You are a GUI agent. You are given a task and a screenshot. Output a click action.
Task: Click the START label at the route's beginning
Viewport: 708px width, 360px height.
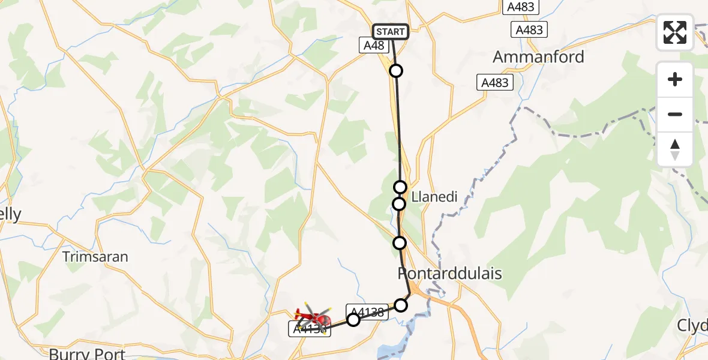click(x=391, y=31)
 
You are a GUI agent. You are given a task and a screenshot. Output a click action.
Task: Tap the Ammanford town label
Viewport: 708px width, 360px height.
click(x=538, y=58)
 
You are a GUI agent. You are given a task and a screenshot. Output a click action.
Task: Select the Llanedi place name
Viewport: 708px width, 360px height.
click(x=435, y=196)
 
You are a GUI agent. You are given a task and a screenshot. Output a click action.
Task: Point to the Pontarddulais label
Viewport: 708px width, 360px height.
click(x=449, y=274)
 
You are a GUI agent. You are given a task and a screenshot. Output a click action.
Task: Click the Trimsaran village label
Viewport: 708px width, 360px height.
click(x=96, y=257)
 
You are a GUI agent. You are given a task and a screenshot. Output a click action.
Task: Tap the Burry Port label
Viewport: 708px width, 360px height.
click(x=87, y=353)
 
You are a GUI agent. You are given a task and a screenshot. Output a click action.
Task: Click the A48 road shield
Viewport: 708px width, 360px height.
click(x=372, y=45)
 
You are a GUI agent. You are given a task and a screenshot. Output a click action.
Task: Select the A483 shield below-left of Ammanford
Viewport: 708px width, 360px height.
click(x=496, y=82)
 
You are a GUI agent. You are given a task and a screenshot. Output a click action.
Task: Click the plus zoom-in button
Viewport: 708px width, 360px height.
click(x=675, y=79)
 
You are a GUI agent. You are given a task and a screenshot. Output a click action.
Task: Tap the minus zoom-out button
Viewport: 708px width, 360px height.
click(x=675, y=114)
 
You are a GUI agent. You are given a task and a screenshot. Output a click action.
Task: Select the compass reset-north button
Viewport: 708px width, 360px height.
click(x=675, y=149)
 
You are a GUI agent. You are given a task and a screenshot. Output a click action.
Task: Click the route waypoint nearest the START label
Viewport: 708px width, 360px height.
click(x=396, y=71)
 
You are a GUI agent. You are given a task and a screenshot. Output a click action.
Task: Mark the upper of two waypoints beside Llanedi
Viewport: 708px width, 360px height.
click(x=400, y=187)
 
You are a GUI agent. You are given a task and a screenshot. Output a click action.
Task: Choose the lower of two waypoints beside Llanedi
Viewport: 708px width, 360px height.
click(x=399, y=204)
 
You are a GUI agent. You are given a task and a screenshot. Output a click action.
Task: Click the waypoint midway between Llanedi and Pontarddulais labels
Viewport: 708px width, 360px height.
click(x=400, y=243)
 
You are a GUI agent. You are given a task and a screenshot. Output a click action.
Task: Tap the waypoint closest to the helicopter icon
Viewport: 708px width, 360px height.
click(x=353, y=320)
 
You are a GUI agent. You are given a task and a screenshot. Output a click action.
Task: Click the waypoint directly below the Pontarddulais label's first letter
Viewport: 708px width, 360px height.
click(x=401, y=305)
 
